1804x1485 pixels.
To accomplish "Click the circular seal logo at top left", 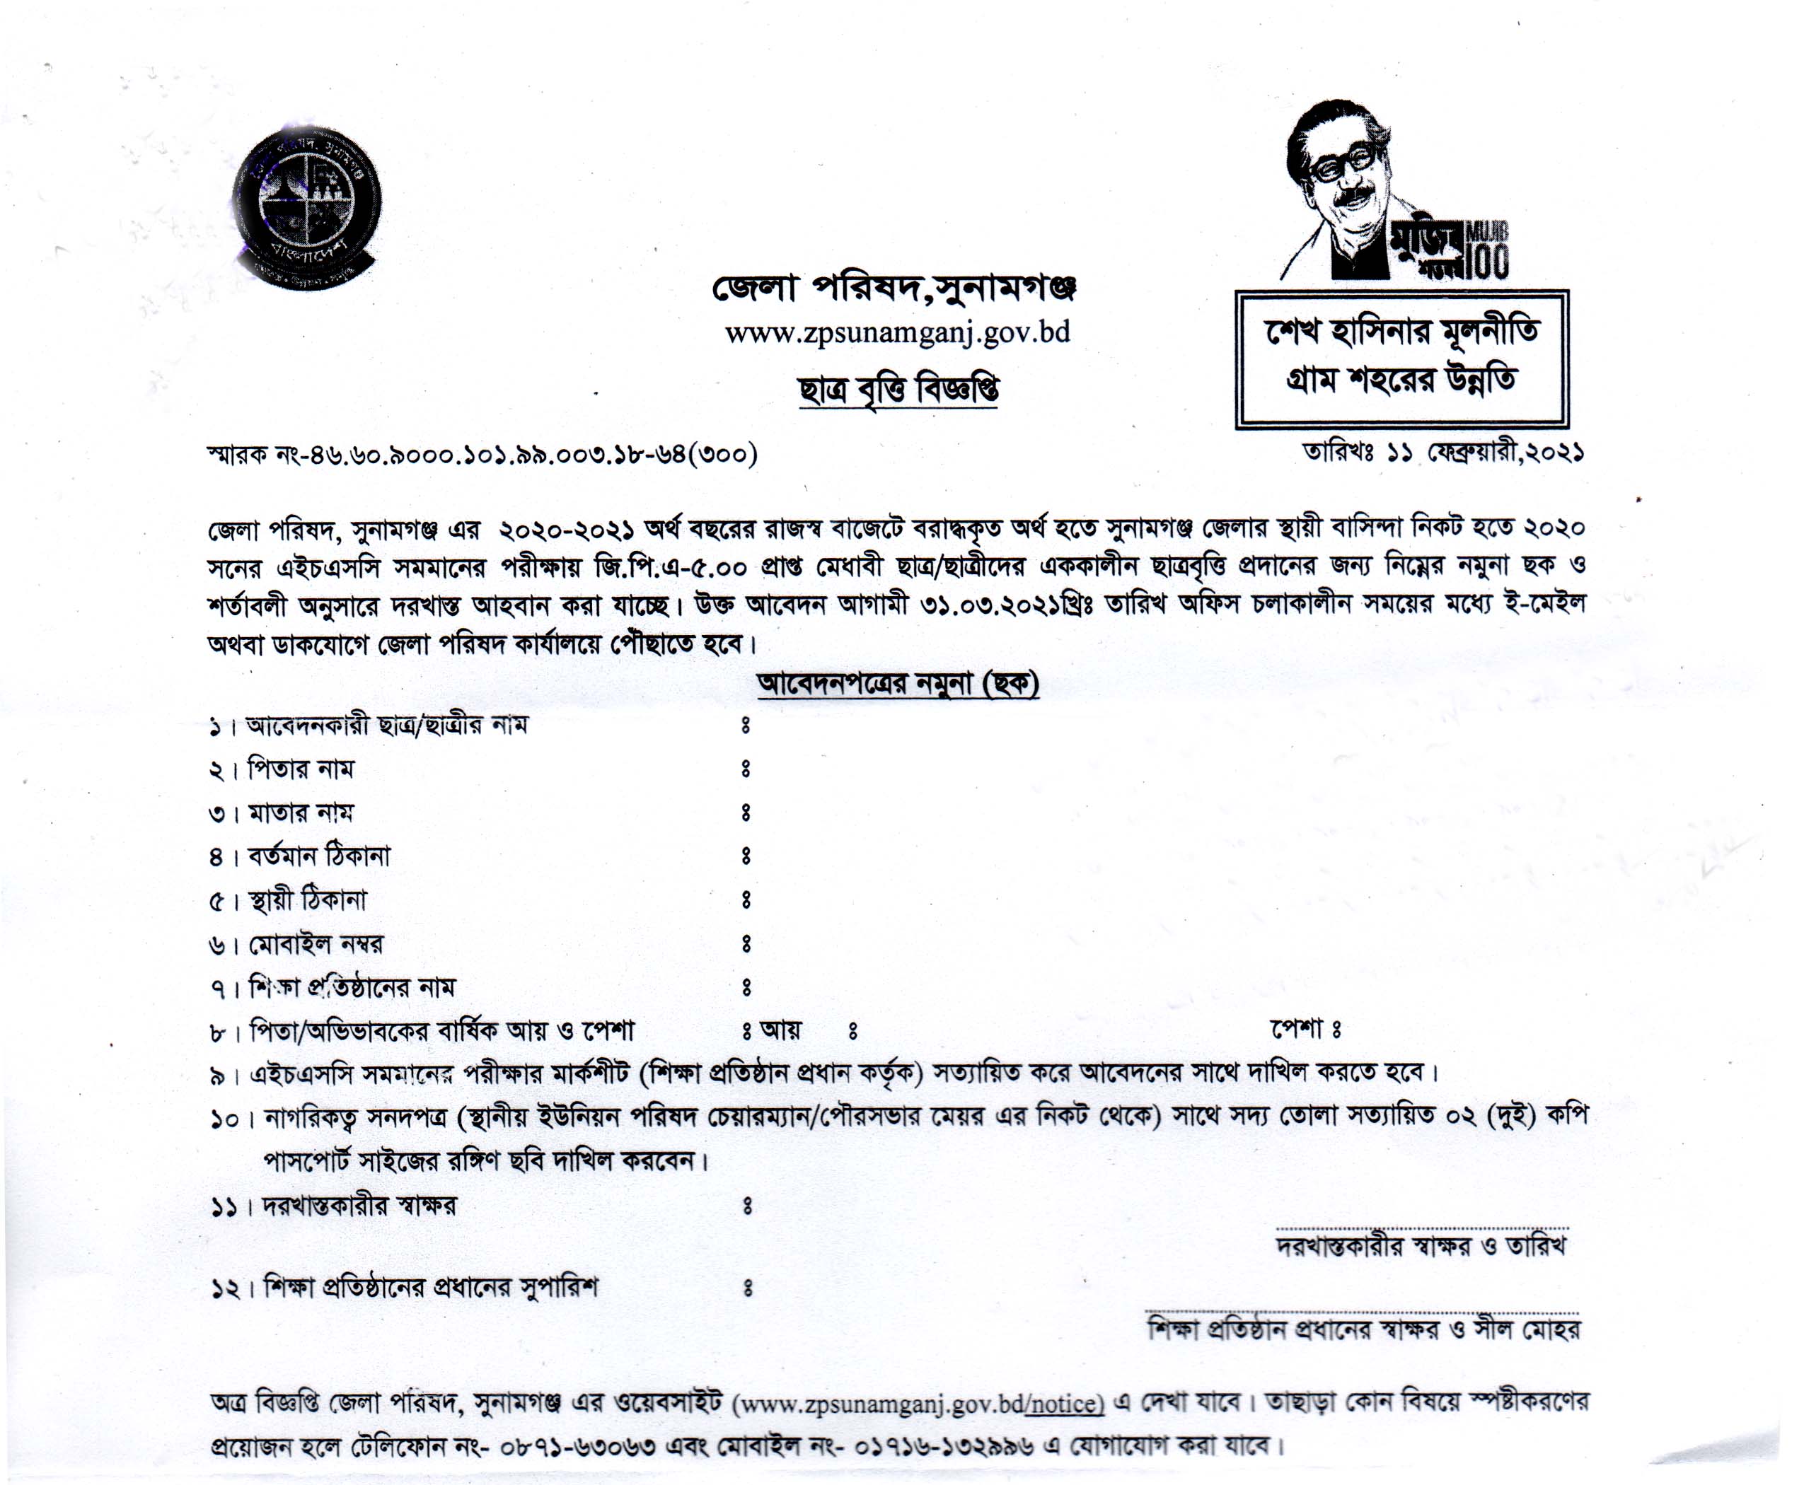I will click(306, 204).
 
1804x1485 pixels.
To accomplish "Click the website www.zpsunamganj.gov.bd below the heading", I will click(897, 333).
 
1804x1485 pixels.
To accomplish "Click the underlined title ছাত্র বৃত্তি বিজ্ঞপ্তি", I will click(898, 390).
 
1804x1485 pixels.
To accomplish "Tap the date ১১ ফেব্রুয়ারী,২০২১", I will click(1484, 453).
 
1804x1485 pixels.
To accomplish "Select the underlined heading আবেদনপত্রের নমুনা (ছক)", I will click(898, 685).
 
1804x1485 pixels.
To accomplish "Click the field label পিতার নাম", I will click(299, 769).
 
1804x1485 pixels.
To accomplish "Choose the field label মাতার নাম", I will click(299, 813).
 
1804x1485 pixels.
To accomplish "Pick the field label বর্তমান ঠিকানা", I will click(318, 856).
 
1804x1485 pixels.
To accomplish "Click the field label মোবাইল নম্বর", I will click(315, 944).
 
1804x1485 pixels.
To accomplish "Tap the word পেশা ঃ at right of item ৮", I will click(1306, 1029).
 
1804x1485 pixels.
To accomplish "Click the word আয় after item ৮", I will click(780, 1031).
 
